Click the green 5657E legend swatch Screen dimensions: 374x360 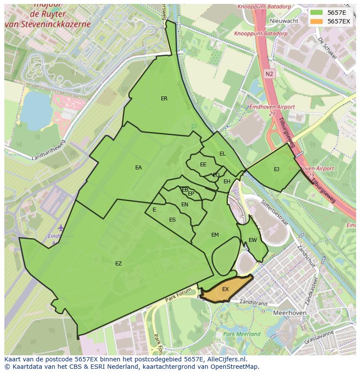pyautogui.click(x=317, y=13)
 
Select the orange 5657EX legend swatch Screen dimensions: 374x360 pyautogui.click(x=317, y=21)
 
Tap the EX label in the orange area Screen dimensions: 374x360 pyautogui.click(x=225, y=289)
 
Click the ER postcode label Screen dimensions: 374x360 pyautogui.click(x=164, y=99)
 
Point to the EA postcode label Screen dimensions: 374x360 pyautogui.click(x=138, y=168)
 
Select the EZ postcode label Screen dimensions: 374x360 pyautogui.click(x=118, y=264)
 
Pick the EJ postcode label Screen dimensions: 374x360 pyautogui.click(x=277, y=169)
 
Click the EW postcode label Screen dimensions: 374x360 pyautogui.click(x=253, y=240)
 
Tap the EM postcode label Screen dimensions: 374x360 pyautogui.click(x=215, y=235)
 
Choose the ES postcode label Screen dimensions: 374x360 pyautogui.click(x=172, y=220)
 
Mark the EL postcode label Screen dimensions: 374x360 pyautogui.click(x=223, y=154)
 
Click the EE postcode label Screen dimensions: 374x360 pyautogui.click(x=203, y=165)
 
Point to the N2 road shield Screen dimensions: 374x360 pyautogui.click(x=269, y=74)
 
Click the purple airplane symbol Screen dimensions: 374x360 pyautogui.click(x=60, y=228)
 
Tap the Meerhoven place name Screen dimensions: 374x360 pyautogui.click(x=290, y=313)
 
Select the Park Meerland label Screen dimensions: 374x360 pyautogui.click(x=242, y=334)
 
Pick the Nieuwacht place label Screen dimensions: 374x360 pyautogui.click(x=284, y=21)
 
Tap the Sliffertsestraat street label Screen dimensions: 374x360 pyautogui.click(x=274, y=212)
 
